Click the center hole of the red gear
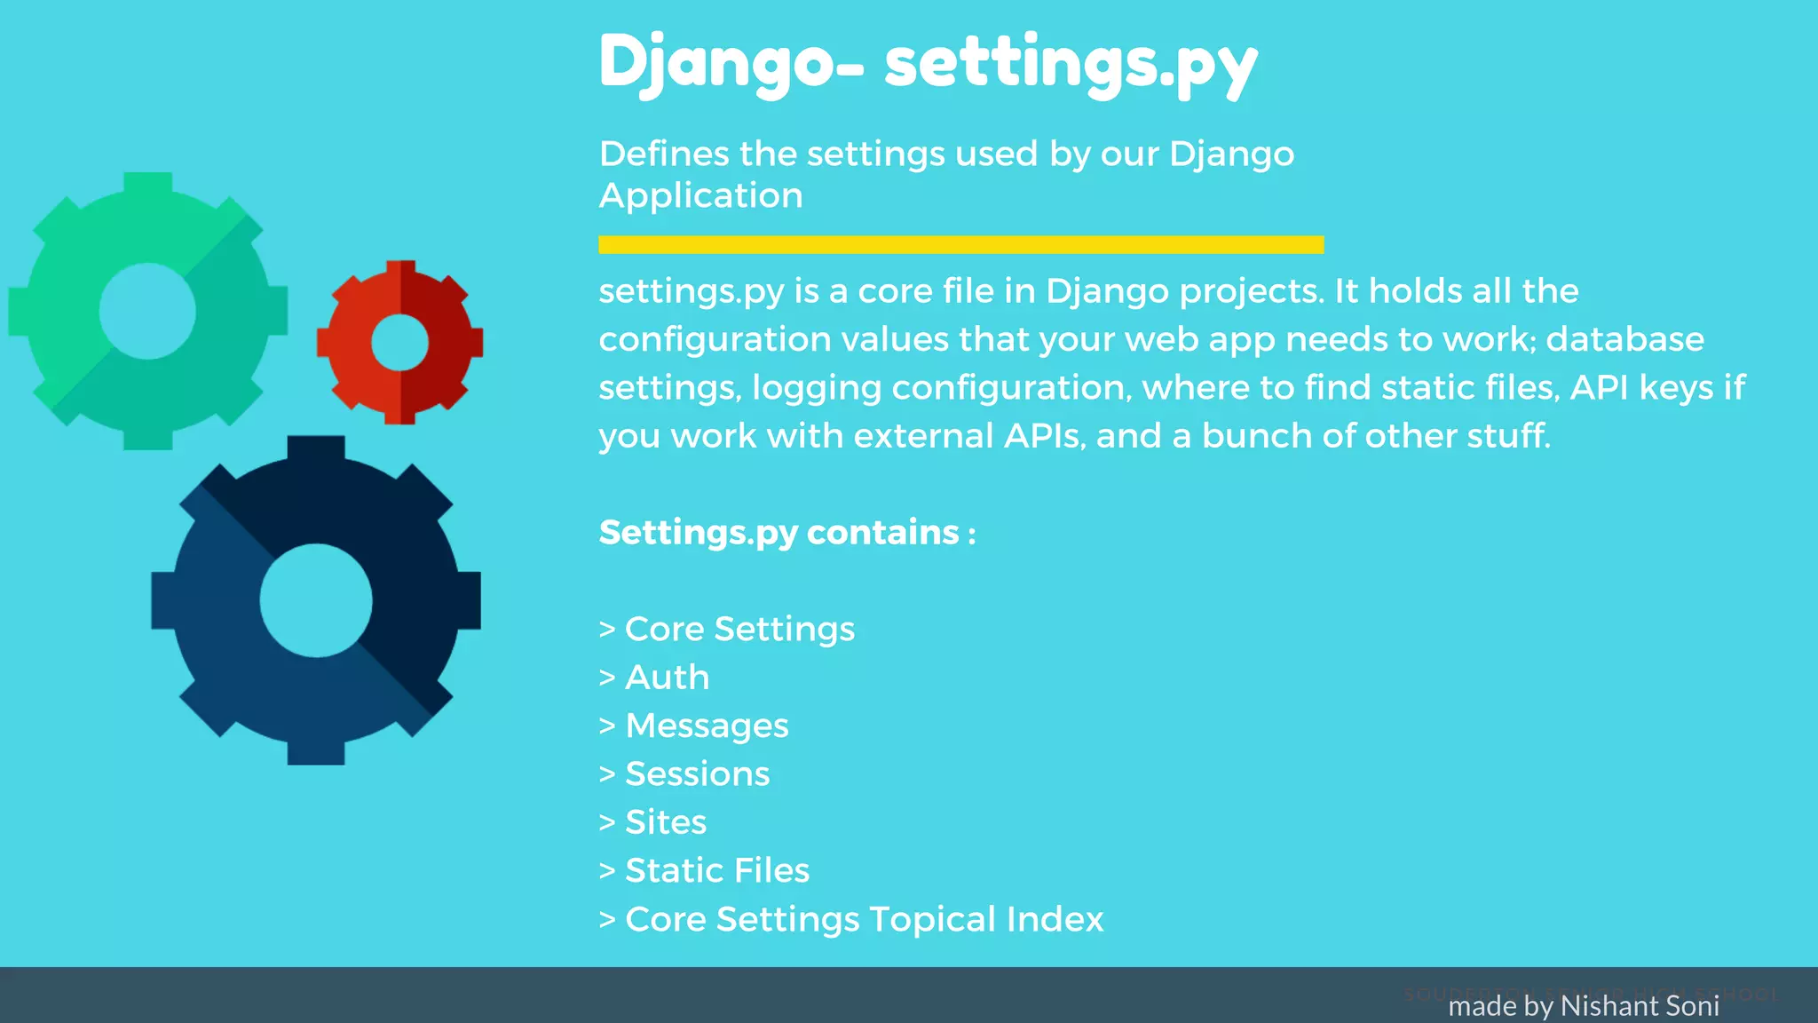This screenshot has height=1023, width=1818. [400, 343]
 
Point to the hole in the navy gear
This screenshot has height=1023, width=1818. [316, 600]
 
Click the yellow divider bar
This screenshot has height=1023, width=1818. [960, 245]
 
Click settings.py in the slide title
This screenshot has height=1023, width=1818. [1071, 64]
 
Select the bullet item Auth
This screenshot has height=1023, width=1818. [667, 678]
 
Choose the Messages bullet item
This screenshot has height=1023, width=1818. [707, 726]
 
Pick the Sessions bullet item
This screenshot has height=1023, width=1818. [697, 774]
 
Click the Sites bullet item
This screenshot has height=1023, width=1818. [666, 822]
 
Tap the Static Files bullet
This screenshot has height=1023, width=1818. [717, 871]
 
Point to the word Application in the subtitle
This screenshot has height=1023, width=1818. [701, 195]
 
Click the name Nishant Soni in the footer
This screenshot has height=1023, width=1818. [1640, 1006]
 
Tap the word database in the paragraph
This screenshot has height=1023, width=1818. [1624, 339]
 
